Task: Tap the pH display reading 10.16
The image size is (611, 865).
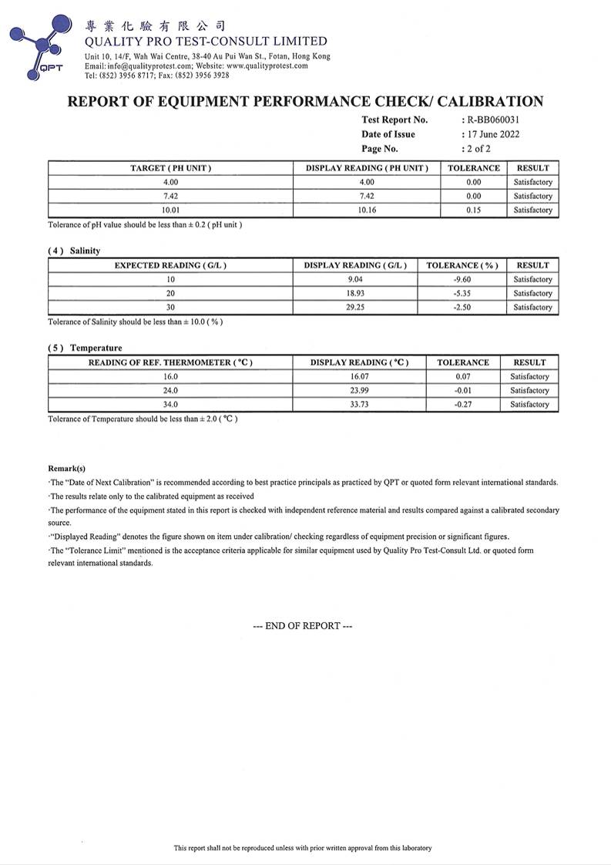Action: coord(367,210)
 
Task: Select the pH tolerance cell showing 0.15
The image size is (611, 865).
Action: coord(473,210)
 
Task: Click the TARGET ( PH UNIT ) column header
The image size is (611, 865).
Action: coord(170,168)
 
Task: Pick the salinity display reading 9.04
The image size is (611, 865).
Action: coord(355,279)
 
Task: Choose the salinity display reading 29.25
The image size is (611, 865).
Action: coord(355,307)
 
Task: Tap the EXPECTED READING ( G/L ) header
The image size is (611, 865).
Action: coord(170,265)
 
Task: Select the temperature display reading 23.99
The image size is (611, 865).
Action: coord(359,390)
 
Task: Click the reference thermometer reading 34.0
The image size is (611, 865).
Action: coord(170,404)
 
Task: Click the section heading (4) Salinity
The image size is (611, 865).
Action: coord(74,251)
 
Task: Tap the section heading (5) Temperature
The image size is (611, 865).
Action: coord(85,348)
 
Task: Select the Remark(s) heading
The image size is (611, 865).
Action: coord(67,468)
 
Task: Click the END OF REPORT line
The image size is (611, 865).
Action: coord(303,626)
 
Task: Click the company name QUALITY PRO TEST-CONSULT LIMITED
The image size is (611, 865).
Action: coord(206,42)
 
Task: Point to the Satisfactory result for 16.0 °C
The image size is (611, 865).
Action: coord(529,376)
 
